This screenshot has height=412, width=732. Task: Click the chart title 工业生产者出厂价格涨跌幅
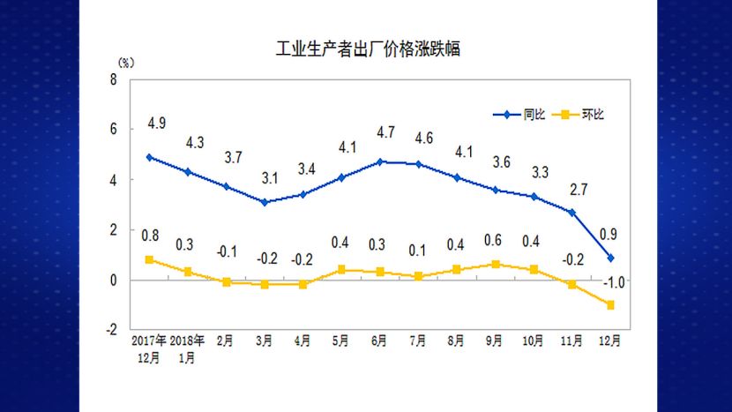click(369, 49)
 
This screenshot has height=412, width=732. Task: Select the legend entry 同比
click(534, 115)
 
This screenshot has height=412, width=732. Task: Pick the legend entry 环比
click(594, 115)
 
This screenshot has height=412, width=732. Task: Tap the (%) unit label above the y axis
click(125, 63)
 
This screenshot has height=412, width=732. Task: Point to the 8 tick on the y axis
click(114, 79)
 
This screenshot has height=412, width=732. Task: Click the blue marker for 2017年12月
click(149, 157)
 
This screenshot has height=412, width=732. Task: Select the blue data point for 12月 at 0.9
click(610, 258)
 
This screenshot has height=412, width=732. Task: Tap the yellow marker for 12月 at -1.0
click(610, 305)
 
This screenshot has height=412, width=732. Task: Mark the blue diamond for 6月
click(379, 162)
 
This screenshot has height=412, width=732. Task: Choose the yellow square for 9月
click(495, 264)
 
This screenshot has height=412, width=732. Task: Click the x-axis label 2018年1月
click(187, 348)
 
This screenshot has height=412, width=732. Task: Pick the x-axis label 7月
click(418, 341)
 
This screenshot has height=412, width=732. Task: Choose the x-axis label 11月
click(571, 341)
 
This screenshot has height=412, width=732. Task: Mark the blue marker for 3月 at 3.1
click(264, 202)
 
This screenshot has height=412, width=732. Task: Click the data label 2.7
click(577, 188)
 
